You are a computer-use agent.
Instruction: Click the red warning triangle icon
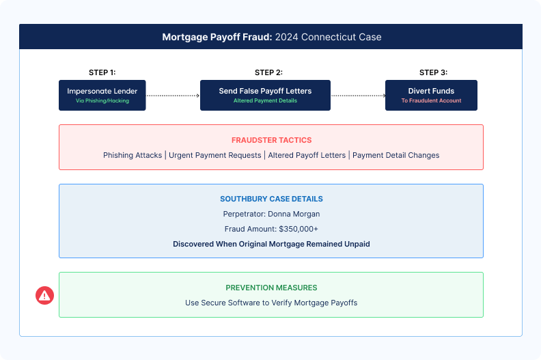tap(44, 295)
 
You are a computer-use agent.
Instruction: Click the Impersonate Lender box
tap(102, 95)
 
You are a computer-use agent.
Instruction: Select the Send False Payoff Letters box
tap(265, 95)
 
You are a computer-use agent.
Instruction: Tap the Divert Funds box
tap(431, 95)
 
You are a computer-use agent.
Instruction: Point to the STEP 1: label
tap(102, 72)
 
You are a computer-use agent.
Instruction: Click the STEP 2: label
tap(268, 72)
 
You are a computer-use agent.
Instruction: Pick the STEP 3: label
tap(433, 72)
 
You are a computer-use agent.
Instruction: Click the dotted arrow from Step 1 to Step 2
tap(172, 96)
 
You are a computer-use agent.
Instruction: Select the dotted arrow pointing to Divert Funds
tap(357, 96)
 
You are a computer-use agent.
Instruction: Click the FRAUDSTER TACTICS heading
tap(270, 139)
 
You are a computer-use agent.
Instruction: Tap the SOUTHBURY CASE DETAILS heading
tap(271, 199)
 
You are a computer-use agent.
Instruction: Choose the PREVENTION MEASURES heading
tap(271, 288)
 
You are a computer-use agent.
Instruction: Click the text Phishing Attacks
tap(133, 155)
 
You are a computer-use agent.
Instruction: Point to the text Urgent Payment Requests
tap(214, 155)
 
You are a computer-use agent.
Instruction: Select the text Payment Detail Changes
tap(396, 155)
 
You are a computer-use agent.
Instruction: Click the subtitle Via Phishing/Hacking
tap(102, 101)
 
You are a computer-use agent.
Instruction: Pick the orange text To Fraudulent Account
tap(431, 101)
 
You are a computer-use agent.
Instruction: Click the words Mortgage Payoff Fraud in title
tap(217, 37)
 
